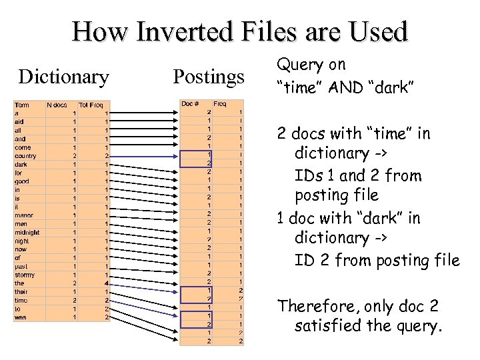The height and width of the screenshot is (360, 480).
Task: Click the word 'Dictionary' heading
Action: pyautogui.click(x=64, y=77)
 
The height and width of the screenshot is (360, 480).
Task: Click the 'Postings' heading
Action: pyautogui.click(x=209, y=77)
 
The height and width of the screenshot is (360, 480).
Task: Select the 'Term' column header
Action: pyautogui.click(x=22, y=105)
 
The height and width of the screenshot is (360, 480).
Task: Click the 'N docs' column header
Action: pyautogui.click(x=57, y=105)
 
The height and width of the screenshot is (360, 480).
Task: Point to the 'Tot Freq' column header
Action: pyautogui.click(x=91, y=105)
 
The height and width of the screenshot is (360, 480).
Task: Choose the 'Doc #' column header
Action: pyautogui.click(x=191, y=104)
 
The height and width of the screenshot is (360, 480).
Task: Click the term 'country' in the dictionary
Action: pyautogui.click(x=25, y=156)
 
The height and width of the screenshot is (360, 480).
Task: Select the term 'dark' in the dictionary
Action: pyautogui.click(x=21, y=165)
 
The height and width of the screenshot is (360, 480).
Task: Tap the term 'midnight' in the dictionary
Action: pyautogui.click(x=27, y=233)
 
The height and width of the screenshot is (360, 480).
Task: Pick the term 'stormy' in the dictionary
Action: pyautogui.click(x=24, y=275)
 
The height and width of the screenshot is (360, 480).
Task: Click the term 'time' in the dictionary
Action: pyautogui.click(x=21, y=300)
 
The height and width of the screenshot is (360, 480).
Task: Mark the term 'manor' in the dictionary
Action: pyautogui.click(x=23, y=215)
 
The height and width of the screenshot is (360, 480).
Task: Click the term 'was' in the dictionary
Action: pyautogui.click(x=20, y=317)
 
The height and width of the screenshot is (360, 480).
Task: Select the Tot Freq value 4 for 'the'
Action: pyautogui.click(x=106, y=283)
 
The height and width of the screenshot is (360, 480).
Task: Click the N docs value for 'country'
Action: pyautogui.click(x=74, y=156)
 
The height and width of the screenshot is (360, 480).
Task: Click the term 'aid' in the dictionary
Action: pyautogui.click(x=19, y=122)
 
